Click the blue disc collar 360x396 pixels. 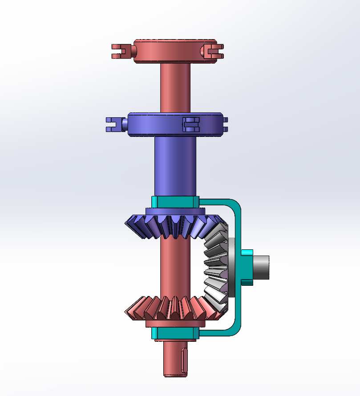[156, 124]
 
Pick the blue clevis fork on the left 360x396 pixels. [114, 125]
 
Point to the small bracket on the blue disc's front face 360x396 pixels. [191, 124]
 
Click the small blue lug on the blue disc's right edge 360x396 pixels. [225, 124]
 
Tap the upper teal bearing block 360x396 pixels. [174, 202]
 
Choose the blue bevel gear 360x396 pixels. [174, 224]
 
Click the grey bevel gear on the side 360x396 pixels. [216, 267]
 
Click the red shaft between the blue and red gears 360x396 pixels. [174, 267]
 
